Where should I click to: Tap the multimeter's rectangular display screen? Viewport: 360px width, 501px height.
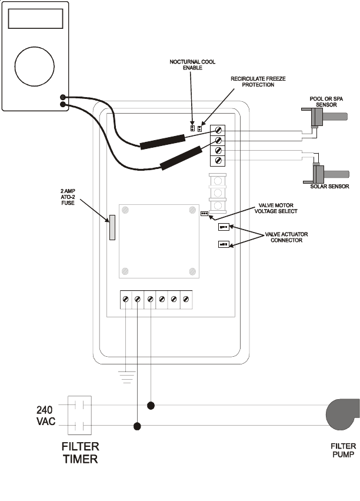tap(35, 19)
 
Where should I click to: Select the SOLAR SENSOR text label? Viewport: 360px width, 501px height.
tap(330, 187)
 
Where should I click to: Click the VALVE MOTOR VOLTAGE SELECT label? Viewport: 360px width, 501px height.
tap(278, 208)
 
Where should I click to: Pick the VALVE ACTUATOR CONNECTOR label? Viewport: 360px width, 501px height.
tap(286, 237)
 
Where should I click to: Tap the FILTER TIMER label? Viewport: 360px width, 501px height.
tap(81, 453)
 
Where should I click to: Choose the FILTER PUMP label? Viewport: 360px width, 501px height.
tap(343, 451)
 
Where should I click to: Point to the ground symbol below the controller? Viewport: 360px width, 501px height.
tap(125, 376)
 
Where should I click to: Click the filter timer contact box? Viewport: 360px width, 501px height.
tap(80, 416)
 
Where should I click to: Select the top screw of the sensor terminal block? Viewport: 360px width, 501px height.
tap(219, 130)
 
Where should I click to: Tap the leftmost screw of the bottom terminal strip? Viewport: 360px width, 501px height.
tap(125, 300)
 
